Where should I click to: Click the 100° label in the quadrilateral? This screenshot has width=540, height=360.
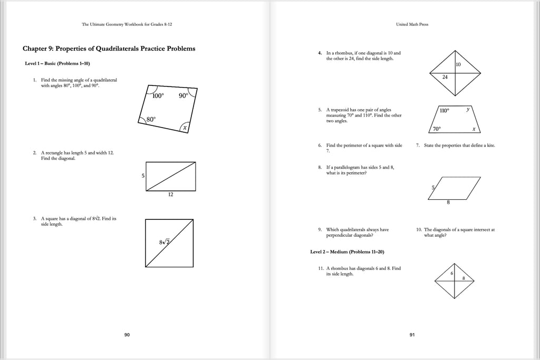pos(158,96)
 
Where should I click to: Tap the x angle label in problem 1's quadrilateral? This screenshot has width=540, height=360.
pos(185,128)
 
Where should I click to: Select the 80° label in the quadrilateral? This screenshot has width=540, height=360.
pos(150,120)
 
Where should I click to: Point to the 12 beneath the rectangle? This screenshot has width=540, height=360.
pos(171,194)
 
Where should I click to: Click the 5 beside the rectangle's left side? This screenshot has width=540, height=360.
pos(142,176)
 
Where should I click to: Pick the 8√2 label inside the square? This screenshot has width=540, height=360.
pos(165,242)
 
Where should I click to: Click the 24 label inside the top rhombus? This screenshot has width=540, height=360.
pos(445,76)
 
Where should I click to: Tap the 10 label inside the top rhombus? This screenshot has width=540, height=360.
pos(458,64)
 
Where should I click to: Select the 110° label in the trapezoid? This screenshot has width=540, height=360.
pos(444,111)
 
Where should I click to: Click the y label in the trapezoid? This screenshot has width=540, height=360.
pos(467,110)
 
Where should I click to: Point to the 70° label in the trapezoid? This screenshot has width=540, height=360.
pos(437,129)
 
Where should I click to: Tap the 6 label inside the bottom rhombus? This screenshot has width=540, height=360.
pos(452,273)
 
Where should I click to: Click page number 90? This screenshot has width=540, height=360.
pos(127,335)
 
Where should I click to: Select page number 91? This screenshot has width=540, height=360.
pos(412,335)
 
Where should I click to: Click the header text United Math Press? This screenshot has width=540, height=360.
pos(412,24)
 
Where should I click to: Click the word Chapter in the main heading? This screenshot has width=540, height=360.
pos(36,48)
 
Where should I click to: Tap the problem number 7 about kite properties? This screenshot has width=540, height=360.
pos(417,145)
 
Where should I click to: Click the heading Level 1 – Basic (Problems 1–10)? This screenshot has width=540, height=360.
pos(57,64)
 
